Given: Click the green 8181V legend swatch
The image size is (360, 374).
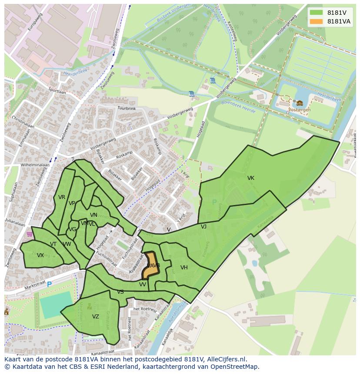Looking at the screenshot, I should (x=316, y=13).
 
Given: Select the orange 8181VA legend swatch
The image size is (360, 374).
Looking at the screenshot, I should (x=316, y=21).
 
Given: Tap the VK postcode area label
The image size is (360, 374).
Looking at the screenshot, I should (x=251, y=178).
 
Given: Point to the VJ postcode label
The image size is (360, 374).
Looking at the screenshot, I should (x=203, y=226).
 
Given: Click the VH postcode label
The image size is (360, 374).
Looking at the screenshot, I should (x=184, y=268).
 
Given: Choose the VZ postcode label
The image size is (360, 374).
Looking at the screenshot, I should (x=96, y=317).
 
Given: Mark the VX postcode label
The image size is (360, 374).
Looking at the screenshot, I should (x=40, y=255).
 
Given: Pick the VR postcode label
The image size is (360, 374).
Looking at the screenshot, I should (x=62, y=197).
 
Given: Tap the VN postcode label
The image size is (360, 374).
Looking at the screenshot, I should (x=93, y=215).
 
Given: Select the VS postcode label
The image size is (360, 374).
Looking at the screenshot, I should (x=120, y=292).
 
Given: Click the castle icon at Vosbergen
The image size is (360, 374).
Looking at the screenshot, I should (x=300, y=103).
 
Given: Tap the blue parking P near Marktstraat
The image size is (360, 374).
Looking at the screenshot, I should (x=49, y=284).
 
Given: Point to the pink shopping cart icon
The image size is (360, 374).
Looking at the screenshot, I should (x=29, y=234).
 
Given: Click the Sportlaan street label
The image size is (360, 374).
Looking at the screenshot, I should (x=57, y=91).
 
